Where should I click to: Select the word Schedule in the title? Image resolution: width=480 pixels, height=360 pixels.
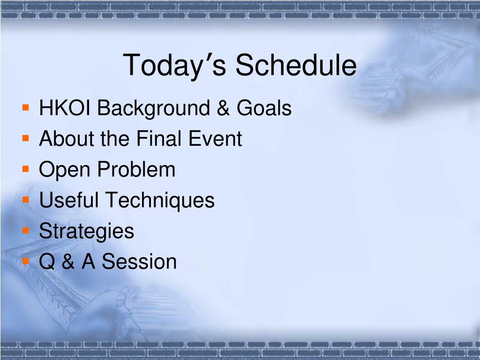click(x=296, y=65)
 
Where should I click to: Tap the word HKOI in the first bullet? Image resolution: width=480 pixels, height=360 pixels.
click(x=65, y=108)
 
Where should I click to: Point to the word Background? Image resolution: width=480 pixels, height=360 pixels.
click(x=154, y=109)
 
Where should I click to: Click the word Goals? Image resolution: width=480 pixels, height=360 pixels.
click(x=264, y=108)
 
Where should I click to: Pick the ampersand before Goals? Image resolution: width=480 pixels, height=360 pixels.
click(x=224, y=108)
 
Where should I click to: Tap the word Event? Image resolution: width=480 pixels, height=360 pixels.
click(x=215, y=138)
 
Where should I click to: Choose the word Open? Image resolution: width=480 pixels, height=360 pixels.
click(x=65, y=170)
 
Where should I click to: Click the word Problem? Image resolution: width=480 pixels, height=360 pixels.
click(x=136, y=169)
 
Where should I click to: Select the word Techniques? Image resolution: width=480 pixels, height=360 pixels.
click(x=160, y=201)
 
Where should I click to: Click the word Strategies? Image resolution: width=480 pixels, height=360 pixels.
click(x=87, y=232)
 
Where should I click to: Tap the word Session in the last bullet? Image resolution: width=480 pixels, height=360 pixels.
click(x=139, y=262)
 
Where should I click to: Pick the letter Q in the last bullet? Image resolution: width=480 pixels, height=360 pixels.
click(x=47, y=262)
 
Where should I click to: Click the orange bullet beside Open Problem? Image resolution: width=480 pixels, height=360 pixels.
click(x=26, y=169)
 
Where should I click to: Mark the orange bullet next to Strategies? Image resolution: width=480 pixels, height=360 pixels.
click(x=26, y=230)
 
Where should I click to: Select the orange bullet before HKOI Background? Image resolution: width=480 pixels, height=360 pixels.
click(x=26, y=107)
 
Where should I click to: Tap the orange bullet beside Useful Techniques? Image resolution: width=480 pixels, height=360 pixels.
click(x=26, y=200)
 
